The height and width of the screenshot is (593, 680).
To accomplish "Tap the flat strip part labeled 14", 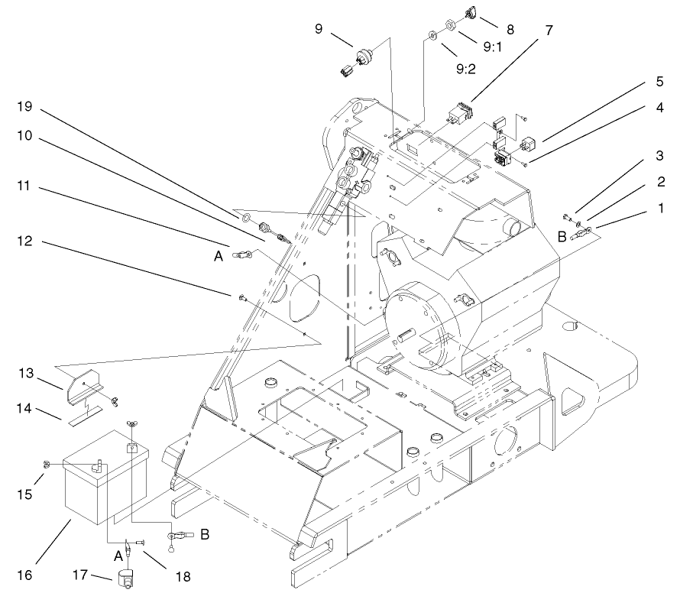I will click(86, 420).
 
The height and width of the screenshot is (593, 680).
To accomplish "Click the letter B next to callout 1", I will click(562, 237).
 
